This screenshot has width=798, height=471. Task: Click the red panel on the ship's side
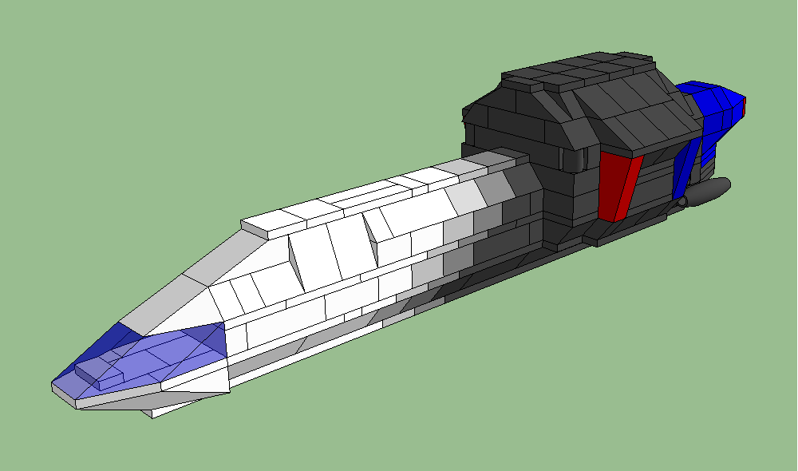coord(618,186)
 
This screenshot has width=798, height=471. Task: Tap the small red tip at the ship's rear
coord(744,105)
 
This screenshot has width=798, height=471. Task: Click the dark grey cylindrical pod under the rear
coord(708,192)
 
